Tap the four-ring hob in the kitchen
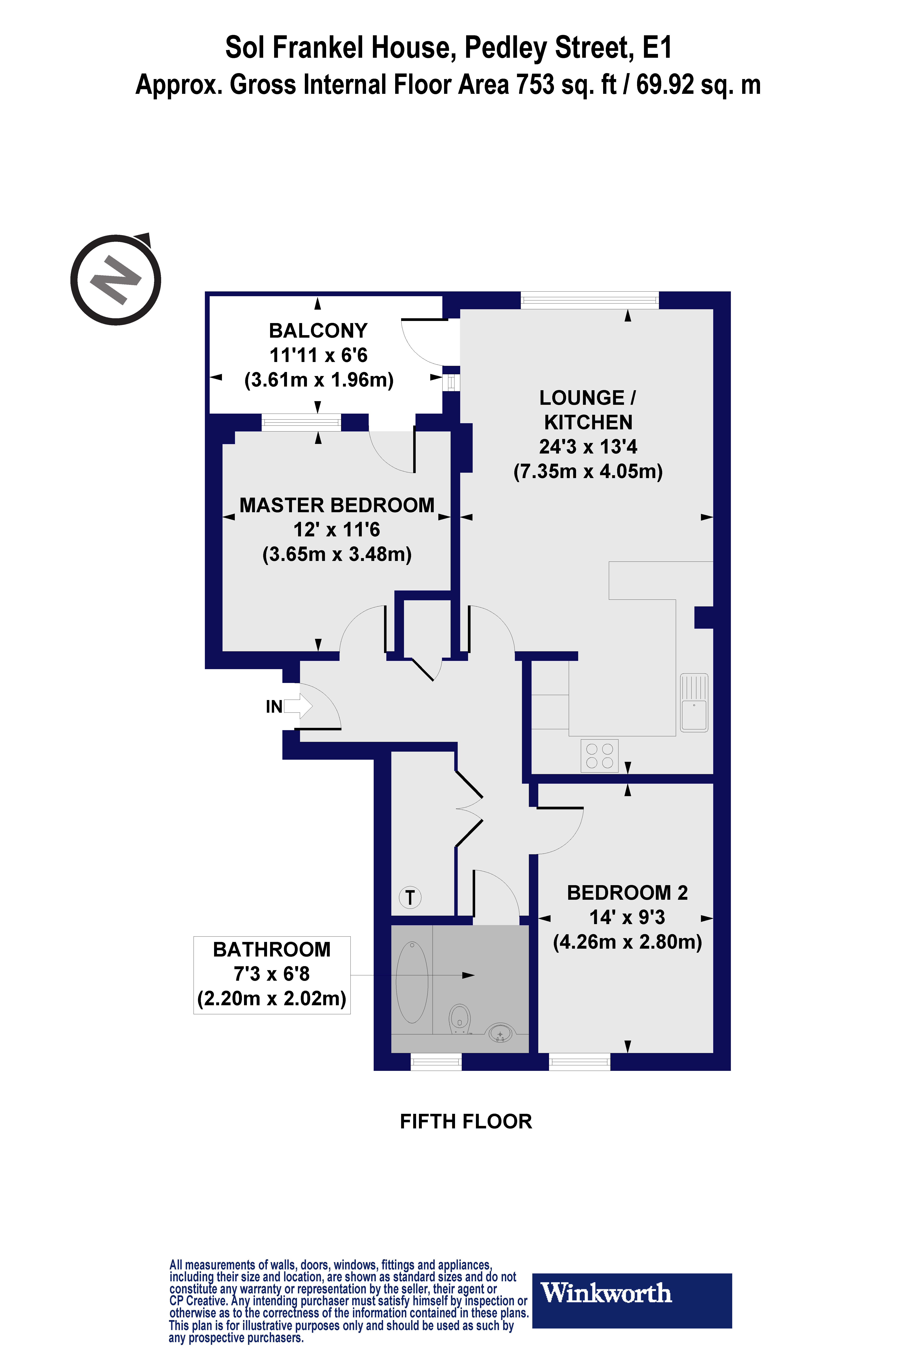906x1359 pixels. point(599,756)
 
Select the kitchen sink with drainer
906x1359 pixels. point(694,703)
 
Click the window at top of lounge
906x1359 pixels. point(589,300)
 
